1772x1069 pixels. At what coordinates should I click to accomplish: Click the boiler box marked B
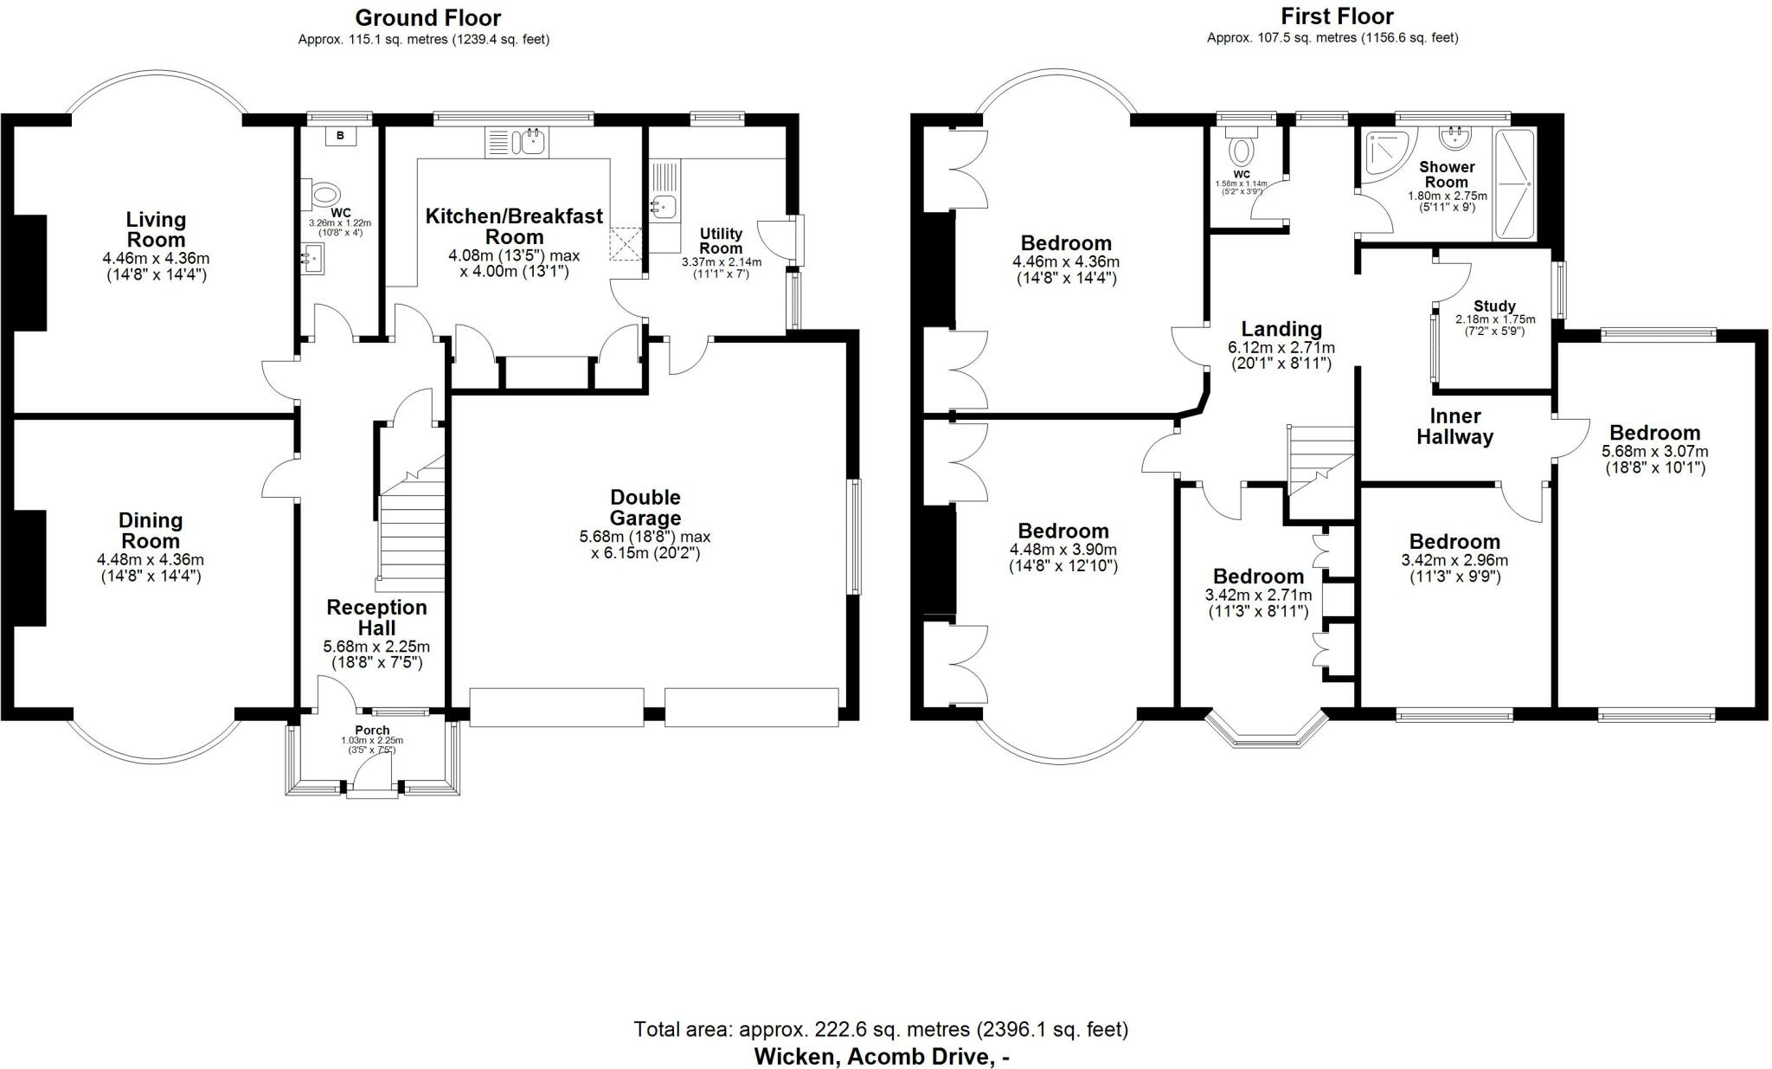tap(340, 136)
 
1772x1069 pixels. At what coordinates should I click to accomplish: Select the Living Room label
tap(156, 229)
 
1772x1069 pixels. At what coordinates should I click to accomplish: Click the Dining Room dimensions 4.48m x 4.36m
tap(151, 560)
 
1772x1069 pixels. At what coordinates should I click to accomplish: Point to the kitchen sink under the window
tap(516, 144)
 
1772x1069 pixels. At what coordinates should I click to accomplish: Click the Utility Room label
tap(721, 241)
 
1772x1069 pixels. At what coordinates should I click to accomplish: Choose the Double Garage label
tap(645, 507)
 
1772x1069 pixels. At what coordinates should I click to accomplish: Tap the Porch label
tap(372, 731)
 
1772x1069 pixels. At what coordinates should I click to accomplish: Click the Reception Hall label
tap(376, 618)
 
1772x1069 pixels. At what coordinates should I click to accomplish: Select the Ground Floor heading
tap(427, 17)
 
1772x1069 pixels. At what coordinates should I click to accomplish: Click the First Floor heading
tap(1337, 16)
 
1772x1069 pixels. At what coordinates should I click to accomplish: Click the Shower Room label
tap(1447, 174)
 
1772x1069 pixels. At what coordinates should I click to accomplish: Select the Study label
tap(1494, 306)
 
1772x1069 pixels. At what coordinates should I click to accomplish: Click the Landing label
tap(1281, 329)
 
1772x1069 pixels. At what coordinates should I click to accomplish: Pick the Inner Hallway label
tap(1454, 426)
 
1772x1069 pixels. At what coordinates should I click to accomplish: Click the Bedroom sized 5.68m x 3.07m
tap(1654, 433)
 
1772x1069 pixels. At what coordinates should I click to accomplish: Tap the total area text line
tap(881, 1029)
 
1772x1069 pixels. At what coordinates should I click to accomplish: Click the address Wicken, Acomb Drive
tap(881, 1056)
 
